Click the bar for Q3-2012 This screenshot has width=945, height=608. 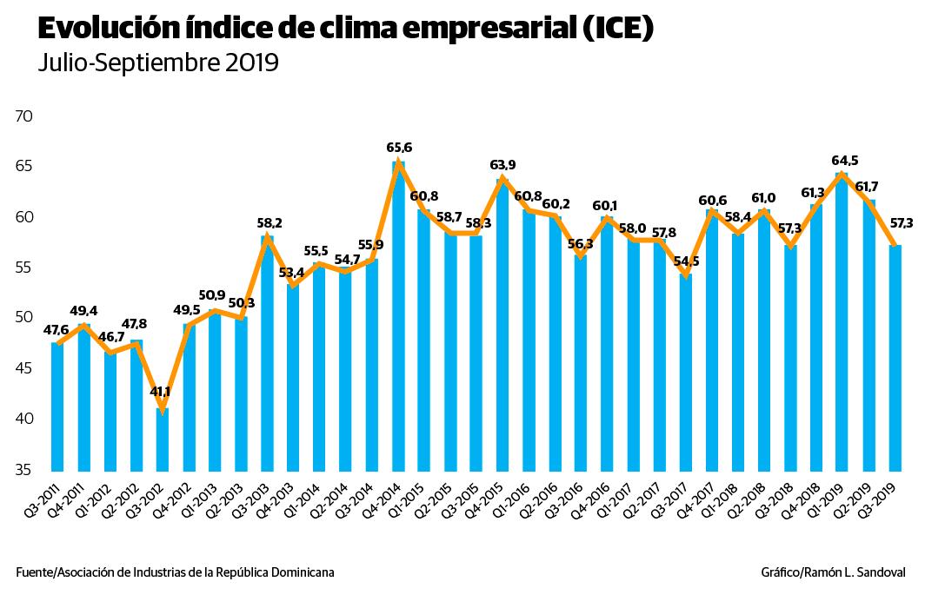pos(163,439)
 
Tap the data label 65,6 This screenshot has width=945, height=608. pos(399,148)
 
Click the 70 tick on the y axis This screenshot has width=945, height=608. pos(23,116)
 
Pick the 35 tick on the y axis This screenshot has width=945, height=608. pos(23,470)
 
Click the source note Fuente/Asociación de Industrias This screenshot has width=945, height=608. pos(175,572)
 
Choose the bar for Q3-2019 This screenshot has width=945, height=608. pos(895,357)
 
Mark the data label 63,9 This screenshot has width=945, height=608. pos(503,165)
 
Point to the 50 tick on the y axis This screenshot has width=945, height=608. pos(23,318)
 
